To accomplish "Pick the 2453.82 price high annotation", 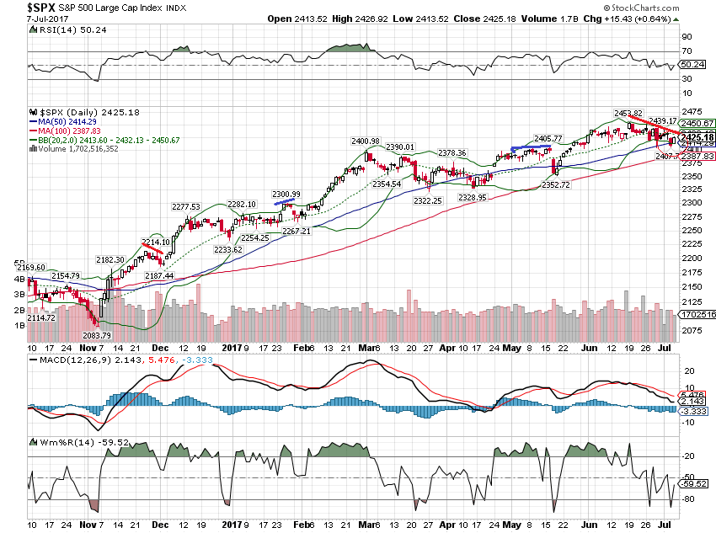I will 627,114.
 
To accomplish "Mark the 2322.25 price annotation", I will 429,200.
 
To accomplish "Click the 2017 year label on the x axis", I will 232,345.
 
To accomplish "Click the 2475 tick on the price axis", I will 692,112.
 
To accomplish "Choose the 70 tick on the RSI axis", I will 687,51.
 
